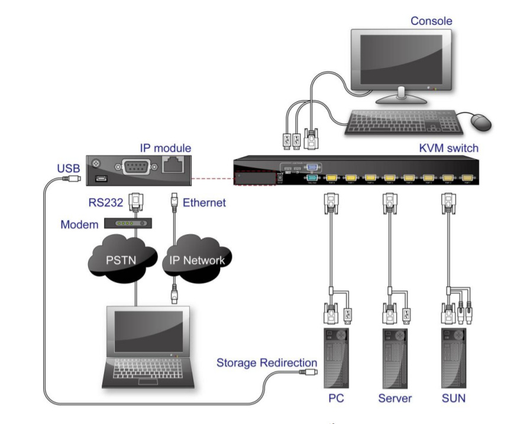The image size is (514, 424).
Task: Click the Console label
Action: (431, 21)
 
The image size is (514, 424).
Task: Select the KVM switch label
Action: (449, 148)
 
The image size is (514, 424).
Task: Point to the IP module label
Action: (166, 148)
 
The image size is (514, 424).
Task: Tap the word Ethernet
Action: (204, 203)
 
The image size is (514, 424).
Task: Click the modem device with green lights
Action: (128, 223)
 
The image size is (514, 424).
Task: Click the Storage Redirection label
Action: (267, 363)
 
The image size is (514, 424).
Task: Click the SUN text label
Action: (454, 398)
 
